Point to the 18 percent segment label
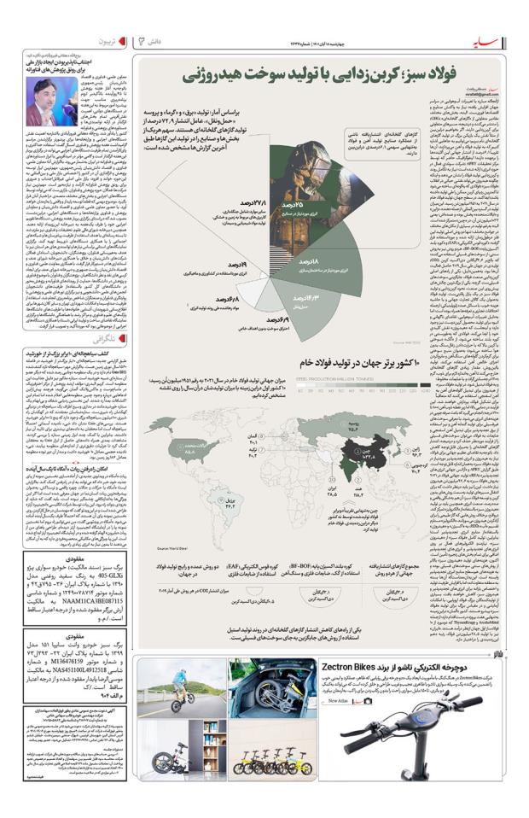(x=310, y=261)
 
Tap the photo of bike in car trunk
(x=260, y=689)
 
